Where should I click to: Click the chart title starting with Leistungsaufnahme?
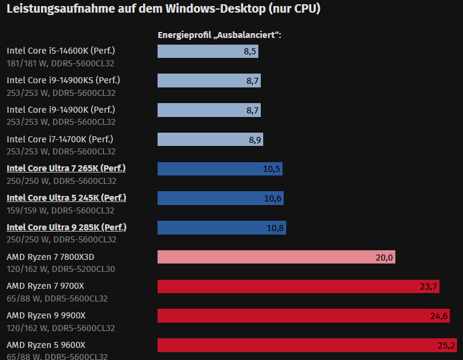click(x=163, y=9)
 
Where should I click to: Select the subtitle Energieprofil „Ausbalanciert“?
click(x=220, y=35)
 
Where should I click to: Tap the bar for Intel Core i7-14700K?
click(x=210, y=139)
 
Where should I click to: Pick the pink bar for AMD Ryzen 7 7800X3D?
click(x=276, y=257)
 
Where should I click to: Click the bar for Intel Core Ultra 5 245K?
click(x=220, y=198)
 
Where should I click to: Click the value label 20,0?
click(x=384, y=257)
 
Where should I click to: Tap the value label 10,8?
click(x=275, y=228)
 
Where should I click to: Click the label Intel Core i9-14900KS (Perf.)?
click(x=68, y=80)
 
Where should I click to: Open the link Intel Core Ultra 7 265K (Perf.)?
click(x=66, y=168)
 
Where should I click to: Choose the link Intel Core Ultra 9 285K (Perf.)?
click(x=66, y=227)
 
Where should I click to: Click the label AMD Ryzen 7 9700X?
click(x=46, y=286)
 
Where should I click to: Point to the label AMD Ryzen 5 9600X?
click(x=46, y=345)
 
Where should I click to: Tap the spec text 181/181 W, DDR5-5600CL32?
click(x=61, y=63)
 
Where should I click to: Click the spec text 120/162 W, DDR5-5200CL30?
click(x=61, y=269)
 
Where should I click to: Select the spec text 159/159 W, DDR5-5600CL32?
click(x=61, y=210)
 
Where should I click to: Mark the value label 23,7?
click(x=428, y=286)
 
